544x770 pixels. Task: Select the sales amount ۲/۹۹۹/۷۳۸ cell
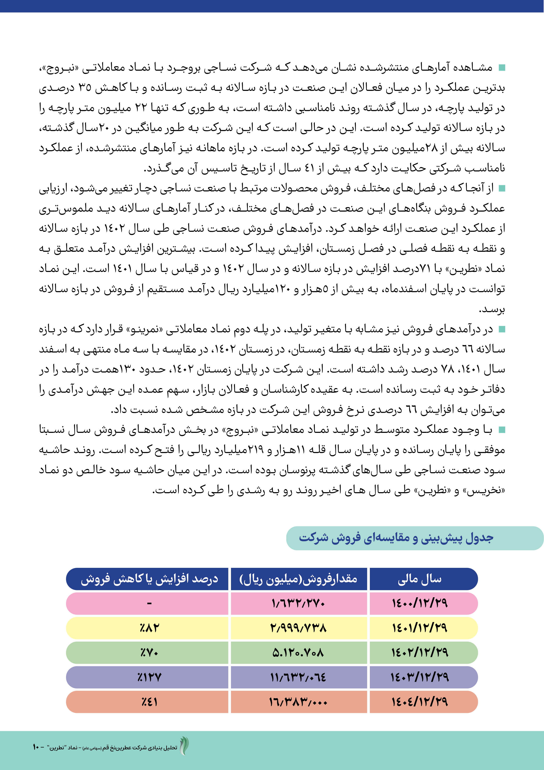tap(298, 628)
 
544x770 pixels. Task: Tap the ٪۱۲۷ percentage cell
tap(149, 677)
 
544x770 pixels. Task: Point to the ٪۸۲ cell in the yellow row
tap(149, 628)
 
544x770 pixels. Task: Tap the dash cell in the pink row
tap(149, 604)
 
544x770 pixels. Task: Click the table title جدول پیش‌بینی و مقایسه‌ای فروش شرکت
tap(395, 538)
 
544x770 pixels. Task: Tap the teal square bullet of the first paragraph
tap(501, 68)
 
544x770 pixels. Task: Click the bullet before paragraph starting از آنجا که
tap(501, 189)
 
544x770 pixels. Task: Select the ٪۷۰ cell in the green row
tap(149, 653)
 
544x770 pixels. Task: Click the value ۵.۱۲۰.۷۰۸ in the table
tap(298, 653)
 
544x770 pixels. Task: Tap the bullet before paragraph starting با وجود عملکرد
tap(501, 430)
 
